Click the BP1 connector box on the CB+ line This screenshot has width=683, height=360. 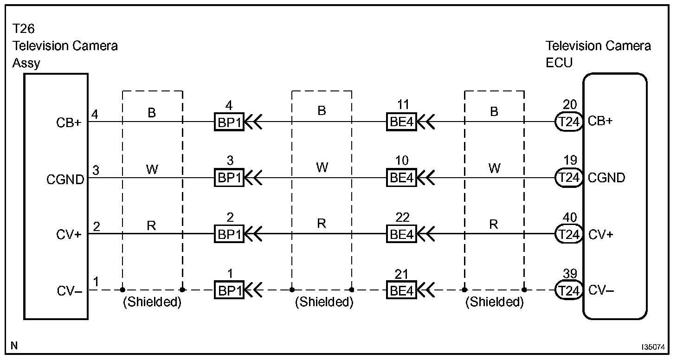click(229, 122)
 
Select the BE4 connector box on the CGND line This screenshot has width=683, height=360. click(401, 178)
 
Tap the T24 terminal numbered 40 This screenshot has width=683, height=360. click(569, 234)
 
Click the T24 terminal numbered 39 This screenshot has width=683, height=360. click(569, 291)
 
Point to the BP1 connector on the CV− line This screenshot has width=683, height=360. click(229, 291)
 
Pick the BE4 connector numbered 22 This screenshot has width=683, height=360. click(401, 234)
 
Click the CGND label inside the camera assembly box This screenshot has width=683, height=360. click(65, 179)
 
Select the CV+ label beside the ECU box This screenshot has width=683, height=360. click(600, 235)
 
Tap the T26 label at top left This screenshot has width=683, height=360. click(23, 29)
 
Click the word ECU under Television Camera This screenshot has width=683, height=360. click(559, 63)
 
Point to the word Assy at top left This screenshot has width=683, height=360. click(26, 63)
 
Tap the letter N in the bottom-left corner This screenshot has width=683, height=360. click(14, 346)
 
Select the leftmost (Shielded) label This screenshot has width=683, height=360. click(151, 302)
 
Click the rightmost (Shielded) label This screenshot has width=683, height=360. click(495, 302)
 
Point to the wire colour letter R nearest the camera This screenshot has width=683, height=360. click(151, 225)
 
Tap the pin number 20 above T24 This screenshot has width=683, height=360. click(570, 105)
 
